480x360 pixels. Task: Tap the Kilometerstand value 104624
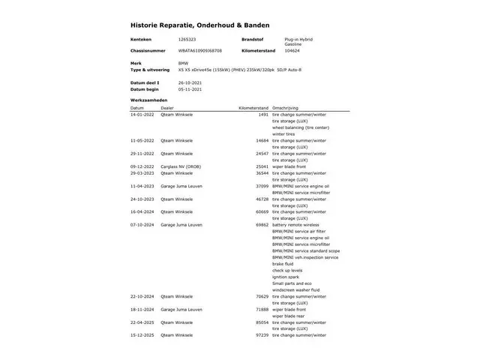click(293, 50)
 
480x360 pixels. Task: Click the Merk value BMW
click(184, 62)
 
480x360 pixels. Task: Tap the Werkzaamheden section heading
click(148, 100)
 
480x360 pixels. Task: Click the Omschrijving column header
click(285, 107)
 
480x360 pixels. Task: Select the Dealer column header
click(166, 107)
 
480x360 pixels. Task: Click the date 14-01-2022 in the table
click(142, 115)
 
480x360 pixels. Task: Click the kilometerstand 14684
click(262, 140)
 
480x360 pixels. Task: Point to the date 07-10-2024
click(142, 224)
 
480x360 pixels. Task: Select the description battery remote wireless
click(295, 224)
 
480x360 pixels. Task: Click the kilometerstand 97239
click(262, 334)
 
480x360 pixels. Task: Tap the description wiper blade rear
click(289, 316)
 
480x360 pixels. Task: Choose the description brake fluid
click(283, 263)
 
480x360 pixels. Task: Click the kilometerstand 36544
click(262, 172)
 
